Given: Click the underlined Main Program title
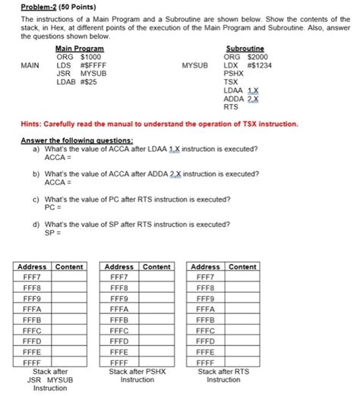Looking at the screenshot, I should (x=80, y=49).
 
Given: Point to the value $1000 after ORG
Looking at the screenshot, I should (x=91, y=57).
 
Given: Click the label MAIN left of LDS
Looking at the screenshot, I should (x=30, y=65).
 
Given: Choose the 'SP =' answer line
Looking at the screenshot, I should (x=52, y=234).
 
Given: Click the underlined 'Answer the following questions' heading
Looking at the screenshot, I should (x=77, y=140).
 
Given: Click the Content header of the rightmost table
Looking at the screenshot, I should (x=242, y=267).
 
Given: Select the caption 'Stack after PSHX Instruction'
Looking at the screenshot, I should (x=137, y=376).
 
